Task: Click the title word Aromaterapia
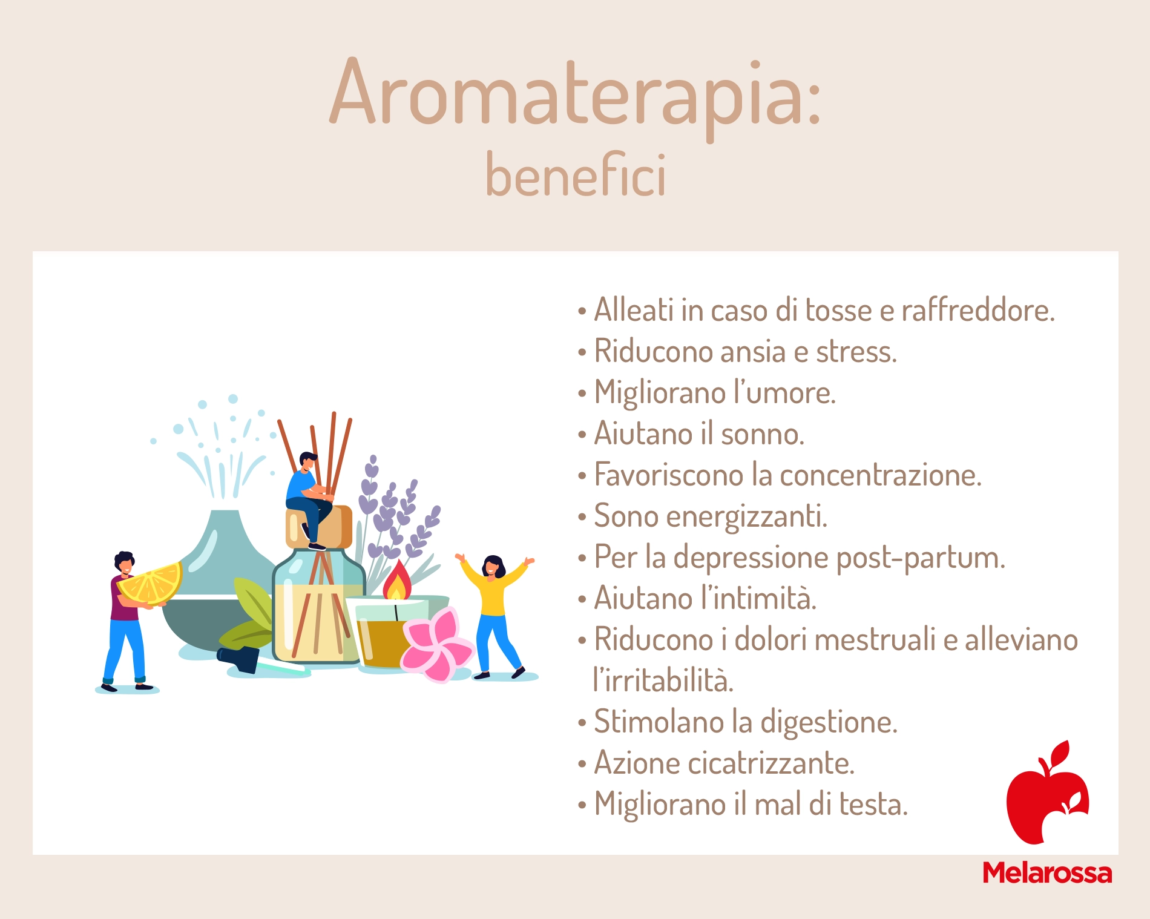point(575,97)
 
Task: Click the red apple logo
point(1048,792)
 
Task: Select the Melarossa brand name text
point(1047,873)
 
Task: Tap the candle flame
point(397,580)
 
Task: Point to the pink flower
point(437,644)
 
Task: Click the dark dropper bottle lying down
point(242,659)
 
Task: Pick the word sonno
point(762,434)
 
